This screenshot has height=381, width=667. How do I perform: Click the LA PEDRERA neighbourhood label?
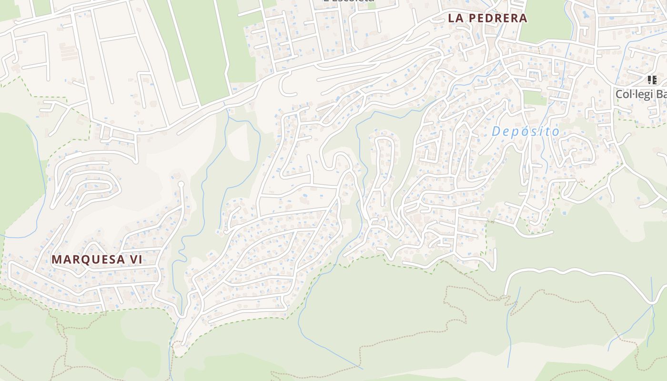coord(487,18)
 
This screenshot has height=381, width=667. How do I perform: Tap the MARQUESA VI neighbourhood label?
coord(97,260)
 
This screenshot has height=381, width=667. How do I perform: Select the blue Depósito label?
coord(526,131)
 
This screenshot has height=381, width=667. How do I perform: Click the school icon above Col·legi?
coord(652,80)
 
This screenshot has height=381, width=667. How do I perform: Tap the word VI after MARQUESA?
coord(136,260)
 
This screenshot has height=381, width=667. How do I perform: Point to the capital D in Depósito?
coord(496,131)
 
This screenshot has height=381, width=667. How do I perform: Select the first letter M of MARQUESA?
coord(56,260)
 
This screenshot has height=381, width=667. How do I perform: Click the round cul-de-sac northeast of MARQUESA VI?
coord(181,184)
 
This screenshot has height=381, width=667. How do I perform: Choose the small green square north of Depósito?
coord(535,98)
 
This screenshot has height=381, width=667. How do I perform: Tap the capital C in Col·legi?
coord(620,94)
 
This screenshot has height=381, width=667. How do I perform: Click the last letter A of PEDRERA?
coord(523,18)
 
